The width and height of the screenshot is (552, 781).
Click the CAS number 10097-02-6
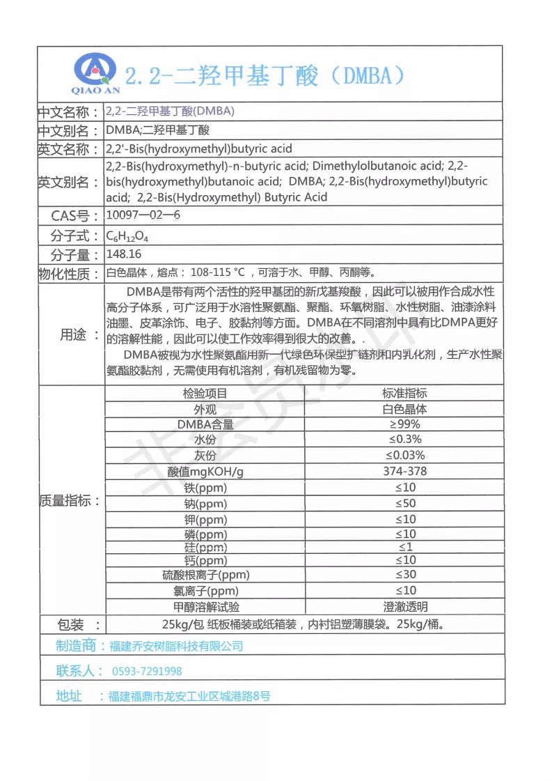[x=143, y=215]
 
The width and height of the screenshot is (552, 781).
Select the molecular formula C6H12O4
[x=127, y=235]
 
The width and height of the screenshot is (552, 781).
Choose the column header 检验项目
[x=205, y=394]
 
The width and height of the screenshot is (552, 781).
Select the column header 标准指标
[x=404, y=394]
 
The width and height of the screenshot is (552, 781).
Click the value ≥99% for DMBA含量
[x=404, y=424]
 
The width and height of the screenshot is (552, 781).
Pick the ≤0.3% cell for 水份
[x=404, y=440]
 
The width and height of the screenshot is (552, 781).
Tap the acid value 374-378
[x=404, y=472]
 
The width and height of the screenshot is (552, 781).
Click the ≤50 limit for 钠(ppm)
[x=405, y=503]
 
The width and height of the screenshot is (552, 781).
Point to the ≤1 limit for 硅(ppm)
[x=405, y=547]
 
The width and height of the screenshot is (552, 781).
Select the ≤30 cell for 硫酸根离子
[x=405, y=575]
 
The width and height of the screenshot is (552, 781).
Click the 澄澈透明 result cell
[x=405, y=607]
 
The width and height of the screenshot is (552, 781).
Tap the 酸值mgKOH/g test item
[x=205, y=472]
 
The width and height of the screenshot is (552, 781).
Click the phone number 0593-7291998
[x=147, y=672]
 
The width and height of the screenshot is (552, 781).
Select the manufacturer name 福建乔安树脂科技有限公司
[x=177, y=647]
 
